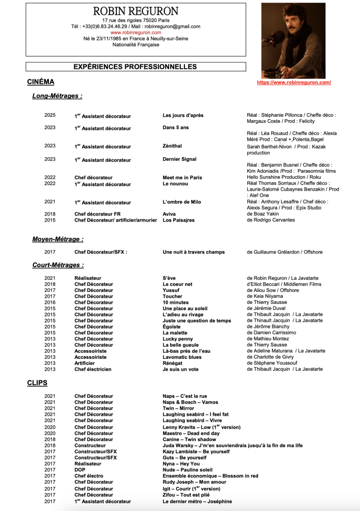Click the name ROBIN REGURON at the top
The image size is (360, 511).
tap(136, 11)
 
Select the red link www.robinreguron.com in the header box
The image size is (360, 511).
tap(136, 32)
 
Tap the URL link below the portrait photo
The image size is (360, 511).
tap(294, 82)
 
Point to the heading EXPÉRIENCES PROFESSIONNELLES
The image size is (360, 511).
tap(135, 67)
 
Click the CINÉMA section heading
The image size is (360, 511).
tap(40, 82)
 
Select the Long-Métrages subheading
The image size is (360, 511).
tap(57, 96)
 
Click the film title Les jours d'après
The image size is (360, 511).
tap(183, 115)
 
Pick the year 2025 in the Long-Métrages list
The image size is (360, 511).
tap(50, 115)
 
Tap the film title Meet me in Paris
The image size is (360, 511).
tap(182, 177)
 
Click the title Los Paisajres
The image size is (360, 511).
tap(178, 220)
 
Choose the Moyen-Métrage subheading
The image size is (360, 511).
tap(58, 240)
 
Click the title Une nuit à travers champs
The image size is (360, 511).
tap(194, 252)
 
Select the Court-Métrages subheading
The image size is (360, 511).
tap(58, 265)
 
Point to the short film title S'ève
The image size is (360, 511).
tap(169, 278)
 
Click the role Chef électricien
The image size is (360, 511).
tap(93, 369)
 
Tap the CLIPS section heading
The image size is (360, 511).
tap(37, 383)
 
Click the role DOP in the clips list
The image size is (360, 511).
tap(80, 470)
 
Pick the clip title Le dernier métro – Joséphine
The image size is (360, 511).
tap(197, 501)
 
